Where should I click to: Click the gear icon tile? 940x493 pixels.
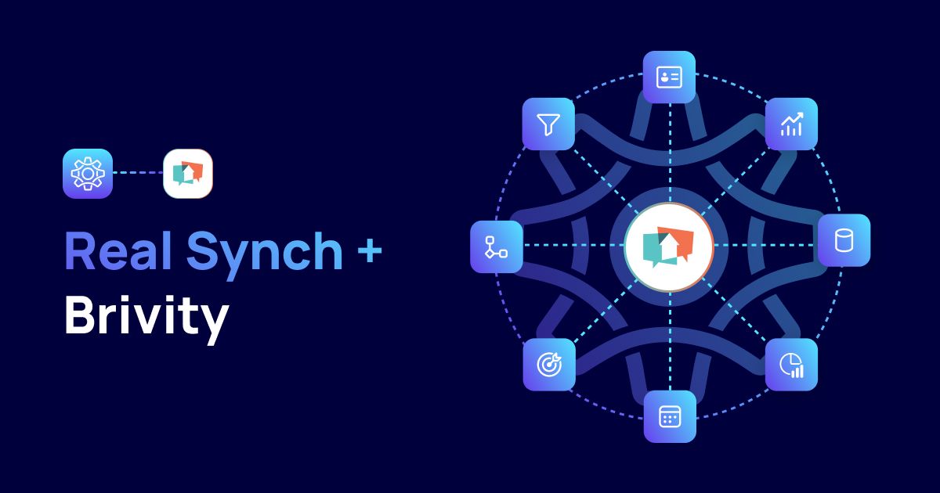point(88,173)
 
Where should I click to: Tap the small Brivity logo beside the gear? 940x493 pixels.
point(188,173)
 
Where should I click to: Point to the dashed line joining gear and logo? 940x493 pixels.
point(138,173)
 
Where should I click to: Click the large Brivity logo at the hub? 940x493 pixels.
point(669,246)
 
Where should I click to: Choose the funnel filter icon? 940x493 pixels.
point(548,124)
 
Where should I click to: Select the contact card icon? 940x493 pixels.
point(669,77)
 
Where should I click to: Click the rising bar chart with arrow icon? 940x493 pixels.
point(791,124)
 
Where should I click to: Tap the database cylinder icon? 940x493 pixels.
point(844,240)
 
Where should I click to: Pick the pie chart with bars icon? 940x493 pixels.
point(791,365)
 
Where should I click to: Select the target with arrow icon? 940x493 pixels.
point(548,365)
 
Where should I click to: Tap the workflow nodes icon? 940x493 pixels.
point(496,246)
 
